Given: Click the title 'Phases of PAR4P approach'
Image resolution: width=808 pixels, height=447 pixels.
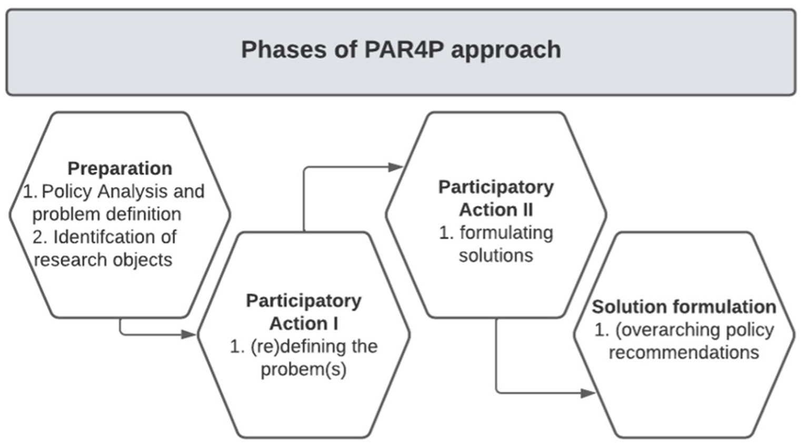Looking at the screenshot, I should click(401, 50).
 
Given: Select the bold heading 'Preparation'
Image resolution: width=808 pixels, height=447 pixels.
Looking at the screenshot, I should click(119, 168).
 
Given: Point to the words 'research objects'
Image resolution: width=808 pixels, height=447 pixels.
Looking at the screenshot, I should click(103, 260).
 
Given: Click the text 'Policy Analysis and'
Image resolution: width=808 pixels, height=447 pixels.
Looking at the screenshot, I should click(123, 191).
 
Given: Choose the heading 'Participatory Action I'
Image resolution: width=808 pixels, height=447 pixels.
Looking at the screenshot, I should click(304, 312).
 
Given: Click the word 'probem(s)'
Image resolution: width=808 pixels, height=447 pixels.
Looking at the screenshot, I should click(304, 369).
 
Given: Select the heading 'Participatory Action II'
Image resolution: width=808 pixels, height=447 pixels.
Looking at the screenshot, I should click(496, 198).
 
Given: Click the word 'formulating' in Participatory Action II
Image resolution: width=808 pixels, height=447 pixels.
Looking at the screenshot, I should click(506, 233).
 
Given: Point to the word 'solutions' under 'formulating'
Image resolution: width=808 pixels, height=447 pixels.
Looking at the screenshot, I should click(496, 255).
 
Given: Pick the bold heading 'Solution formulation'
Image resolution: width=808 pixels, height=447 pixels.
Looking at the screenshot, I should click(684, 306).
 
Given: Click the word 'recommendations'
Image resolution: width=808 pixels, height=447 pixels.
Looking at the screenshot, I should click(684, 352).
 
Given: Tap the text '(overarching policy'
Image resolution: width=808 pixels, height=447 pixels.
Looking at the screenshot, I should click(694, 330).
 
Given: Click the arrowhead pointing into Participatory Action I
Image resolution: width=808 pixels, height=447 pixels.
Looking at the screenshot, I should click(189, 334).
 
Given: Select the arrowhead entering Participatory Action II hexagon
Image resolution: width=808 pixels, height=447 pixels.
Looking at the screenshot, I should click(395, 167).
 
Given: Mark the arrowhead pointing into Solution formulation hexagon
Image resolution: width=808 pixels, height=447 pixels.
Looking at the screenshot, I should click(588, 393).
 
